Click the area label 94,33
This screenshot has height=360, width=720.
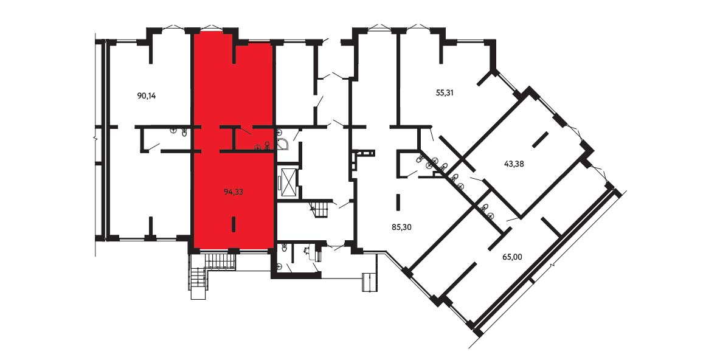tap(234, 192)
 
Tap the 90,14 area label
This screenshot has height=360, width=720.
tap(147, 96)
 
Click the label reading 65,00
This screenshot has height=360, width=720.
tap(512, 257)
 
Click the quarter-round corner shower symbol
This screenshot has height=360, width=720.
tap(283, 140)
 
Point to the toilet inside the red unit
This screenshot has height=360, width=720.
tap(266, 145)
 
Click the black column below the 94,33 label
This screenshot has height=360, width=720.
tap(234, 224)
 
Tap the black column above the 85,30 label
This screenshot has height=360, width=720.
tap(398, 201)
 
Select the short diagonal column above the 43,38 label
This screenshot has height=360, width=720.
tap(540, 139)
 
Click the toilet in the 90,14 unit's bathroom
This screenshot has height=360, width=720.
tap(184, 132)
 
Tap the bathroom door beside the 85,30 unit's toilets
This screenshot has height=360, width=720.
tap(412, 173)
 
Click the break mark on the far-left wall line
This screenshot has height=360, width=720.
tap(95, 137)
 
